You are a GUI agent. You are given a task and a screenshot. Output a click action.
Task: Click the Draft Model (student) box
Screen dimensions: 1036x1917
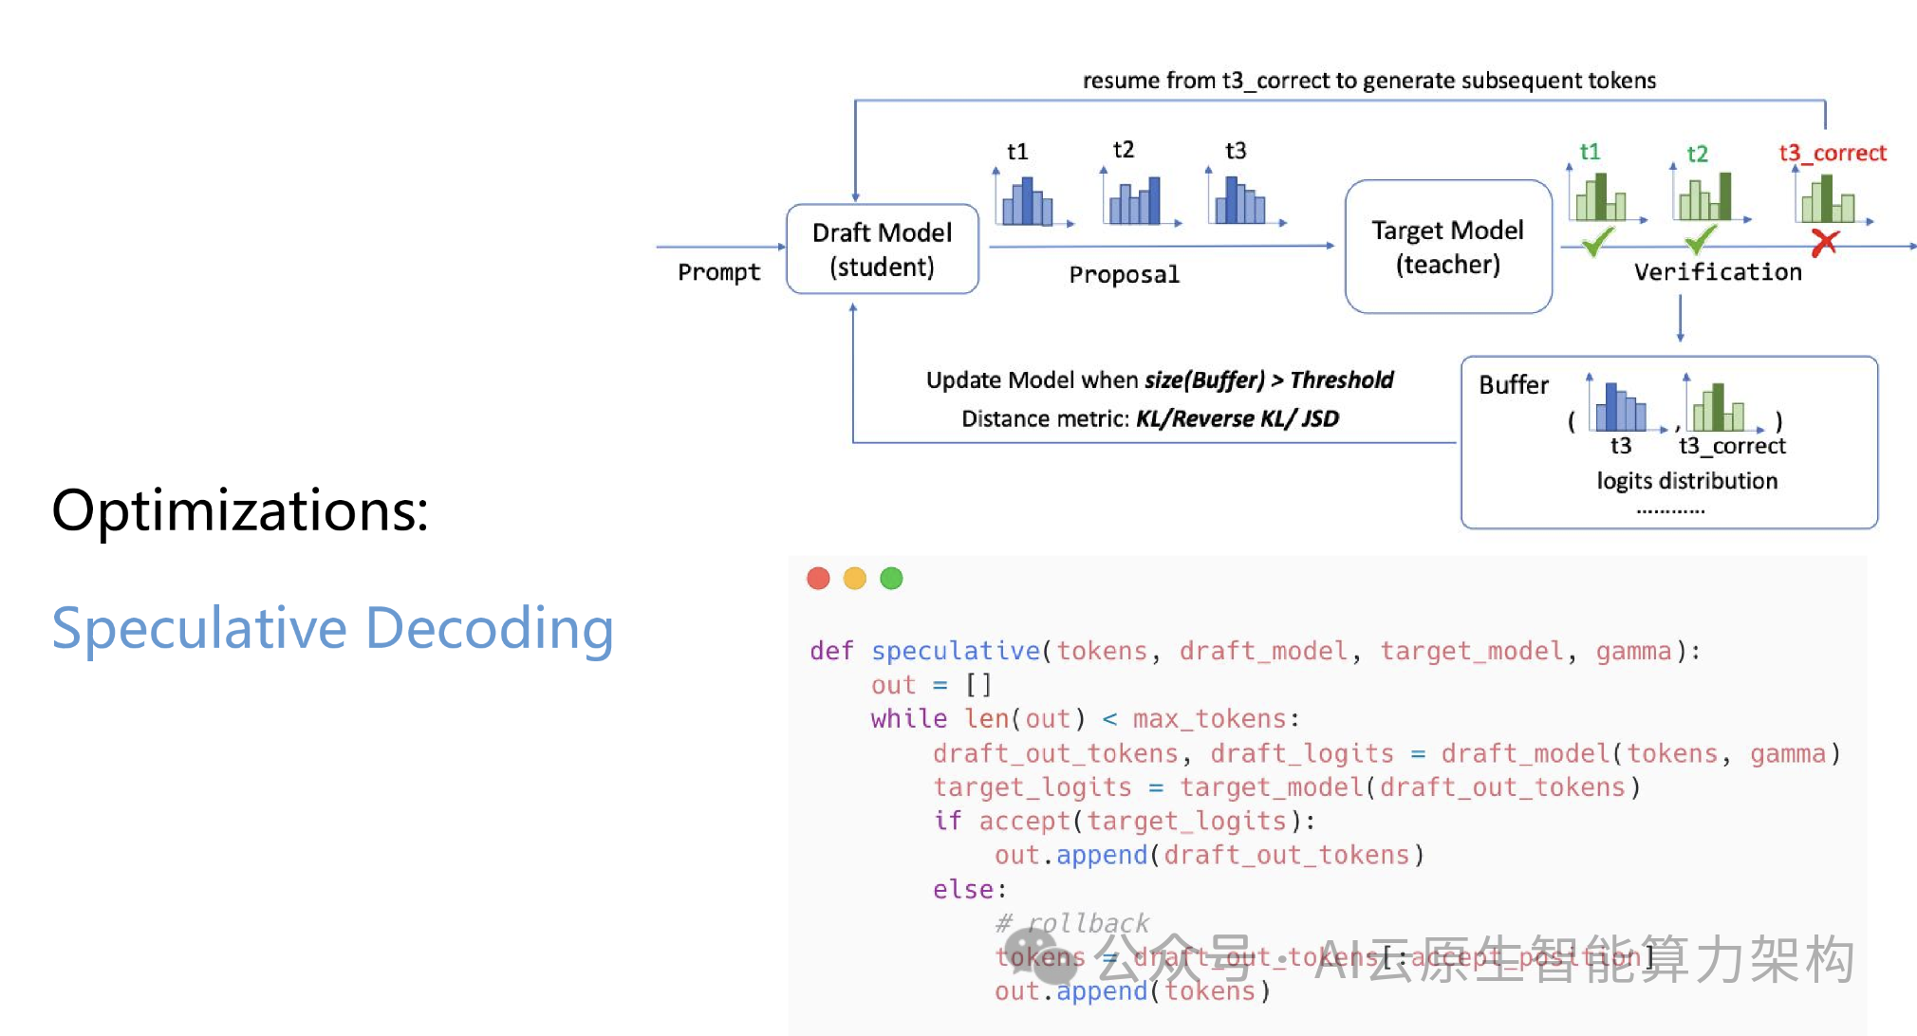pyautogui.click(x=882, y=250)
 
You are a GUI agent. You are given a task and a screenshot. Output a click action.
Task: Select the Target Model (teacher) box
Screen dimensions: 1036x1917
pyautogui.click(x=1447, y=247)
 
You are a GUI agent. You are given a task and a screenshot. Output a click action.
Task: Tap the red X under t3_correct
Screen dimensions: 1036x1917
pyautogui.click(x=1824, y=243)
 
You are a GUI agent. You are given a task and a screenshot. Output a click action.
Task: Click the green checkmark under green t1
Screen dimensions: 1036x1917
pyautogui.click(x=1597, y=242)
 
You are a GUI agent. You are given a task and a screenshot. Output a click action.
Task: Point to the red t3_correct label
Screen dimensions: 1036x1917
pyautogui.click(x=1832, y=153)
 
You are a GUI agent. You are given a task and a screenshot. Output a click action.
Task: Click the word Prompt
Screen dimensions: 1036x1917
pyautogui.click(x=718, y=272)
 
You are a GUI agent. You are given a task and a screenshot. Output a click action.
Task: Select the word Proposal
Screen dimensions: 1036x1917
pyautogui.click(x=1124, y=274)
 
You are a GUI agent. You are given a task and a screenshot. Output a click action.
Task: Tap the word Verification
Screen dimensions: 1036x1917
pyautogui.click(x=1717, y=272)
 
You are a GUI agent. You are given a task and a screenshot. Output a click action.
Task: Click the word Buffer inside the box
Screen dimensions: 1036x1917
pyautogui.click(x=1513, y=384)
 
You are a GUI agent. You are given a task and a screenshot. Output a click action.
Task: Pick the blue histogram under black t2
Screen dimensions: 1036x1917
pyautogui.click(x=1136, y=201)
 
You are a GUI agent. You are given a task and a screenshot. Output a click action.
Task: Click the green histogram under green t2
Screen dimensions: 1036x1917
pyautogui.click(x=1705, y=197)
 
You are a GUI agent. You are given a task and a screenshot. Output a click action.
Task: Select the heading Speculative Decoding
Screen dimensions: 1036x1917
pyautogui.click(x=332, y=628)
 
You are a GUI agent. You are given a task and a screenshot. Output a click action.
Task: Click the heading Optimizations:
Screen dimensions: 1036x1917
pyautogui.click(x=240, y=510)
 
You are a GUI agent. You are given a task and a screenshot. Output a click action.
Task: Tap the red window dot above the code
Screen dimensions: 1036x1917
pyautogui.click(x=818, y=578)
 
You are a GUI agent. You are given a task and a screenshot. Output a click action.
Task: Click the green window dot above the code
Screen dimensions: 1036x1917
pyautogui.click(x=891, y=578)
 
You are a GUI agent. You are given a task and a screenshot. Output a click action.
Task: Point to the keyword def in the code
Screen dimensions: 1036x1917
pyautogui.click(x=831, y=651)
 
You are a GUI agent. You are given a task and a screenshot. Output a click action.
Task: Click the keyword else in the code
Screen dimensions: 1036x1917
pyautogui.click(x=962, y=889)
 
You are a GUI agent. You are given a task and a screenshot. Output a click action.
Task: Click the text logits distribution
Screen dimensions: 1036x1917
pyautogui.click(x=1686, y=480)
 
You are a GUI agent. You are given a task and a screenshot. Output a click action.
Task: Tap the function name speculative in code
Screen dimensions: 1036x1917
pyautogui.click(x=955, y=651)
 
